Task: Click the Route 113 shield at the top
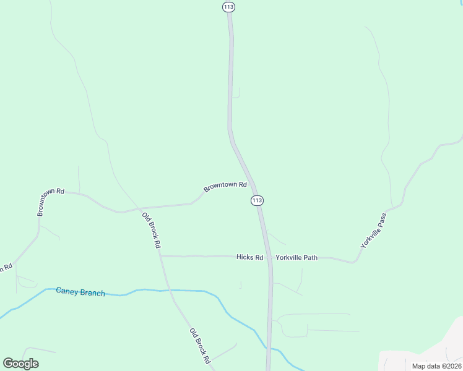pyautogui.click(x=229, y=6)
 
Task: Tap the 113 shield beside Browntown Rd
pyautogui.click(x=257, y=200)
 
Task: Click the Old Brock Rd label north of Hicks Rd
pyautogui.click(x=151, y=230)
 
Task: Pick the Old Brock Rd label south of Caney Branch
pyautogui.click(x=200, y=345)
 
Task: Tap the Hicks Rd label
pyautogui.click(x=249, y=257)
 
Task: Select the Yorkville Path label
pyautogui.click(x=296, y=257)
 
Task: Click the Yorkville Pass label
pyautogui.click(x=374, y=231)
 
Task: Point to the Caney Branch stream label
pyautogui.click(x=80, y=292)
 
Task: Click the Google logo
pyautogui.click(x=20, y=364)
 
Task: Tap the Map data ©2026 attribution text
pyautogui.click(x=436, y=366)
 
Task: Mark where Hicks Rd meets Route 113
pyautogui.click(x=269, y=257)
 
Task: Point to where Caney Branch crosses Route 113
pyautogui.click(x=268, y=348)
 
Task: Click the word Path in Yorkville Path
pyautogui.click(x=309, y=257)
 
